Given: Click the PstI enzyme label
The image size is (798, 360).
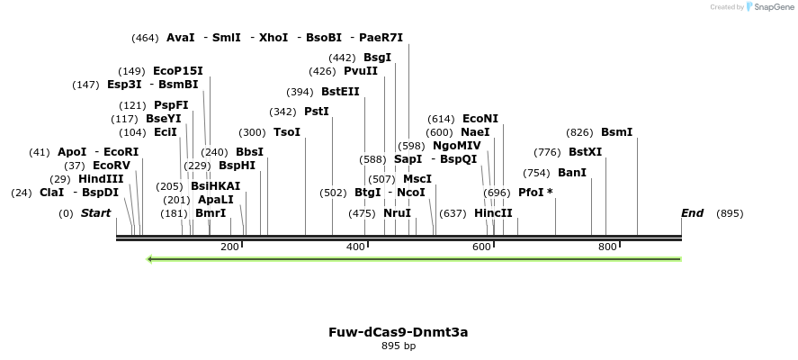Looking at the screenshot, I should [317, 112].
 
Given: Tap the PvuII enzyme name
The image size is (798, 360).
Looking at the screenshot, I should [361, 71].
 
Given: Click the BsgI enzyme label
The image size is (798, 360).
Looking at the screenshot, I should [377, 58].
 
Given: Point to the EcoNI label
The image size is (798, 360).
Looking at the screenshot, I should [480, 119].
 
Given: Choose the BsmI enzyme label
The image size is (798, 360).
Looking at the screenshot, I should [616, 132].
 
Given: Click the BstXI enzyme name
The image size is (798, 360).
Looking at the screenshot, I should [586, 152].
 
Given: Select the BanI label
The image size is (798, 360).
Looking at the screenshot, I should [572, 173].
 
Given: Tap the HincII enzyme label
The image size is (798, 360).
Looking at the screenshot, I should [493, 213].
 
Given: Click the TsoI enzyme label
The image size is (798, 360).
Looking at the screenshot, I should [287, 132].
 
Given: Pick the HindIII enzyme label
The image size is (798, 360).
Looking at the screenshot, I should [101, 179].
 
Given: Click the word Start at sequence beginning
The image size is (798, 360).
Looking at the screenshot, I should [96, 213].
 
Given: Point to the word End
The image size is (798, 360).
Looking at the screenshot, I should [692, 213].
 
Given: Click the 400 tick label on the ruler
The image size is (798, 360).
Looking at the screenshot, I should [356, 247].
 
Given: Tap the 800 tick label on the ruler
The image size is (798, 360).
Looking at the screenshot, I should [606, 247].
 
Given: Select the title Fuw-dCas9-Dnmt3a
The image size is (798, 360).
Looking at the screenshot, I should [399, 332].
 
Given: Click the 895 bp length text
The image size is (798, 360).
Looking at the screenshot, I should [399, 346].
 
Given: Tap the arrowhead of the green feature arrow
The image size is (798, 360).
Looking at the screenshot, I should [151, 259].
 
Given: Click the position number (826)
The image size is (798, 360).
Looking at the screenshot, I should [579, 132].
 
